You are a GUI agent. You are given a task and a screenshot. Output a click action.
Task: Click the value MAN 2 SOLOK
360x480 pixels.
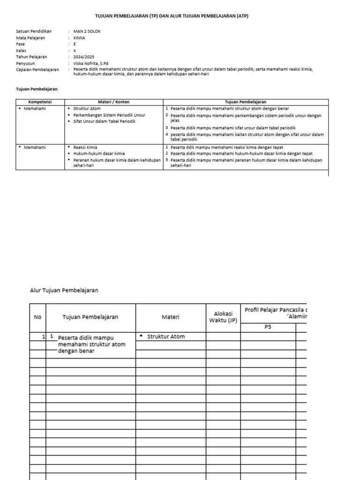(x=87, y=31)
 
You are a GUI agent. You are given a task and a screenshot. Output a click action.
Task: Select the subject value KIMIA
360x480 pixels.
(x=79, y=38)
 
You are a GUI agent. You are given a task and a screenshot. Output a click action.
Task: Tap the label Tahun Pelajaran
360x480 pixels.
(x=31, y=57)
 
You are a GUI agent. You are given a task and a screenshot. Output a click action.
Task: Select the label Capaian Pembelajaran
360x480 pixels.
(x=37, y=69)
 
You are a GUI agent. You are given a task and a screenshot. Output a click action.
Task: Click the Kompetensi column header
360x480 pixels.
(x=40, y=102)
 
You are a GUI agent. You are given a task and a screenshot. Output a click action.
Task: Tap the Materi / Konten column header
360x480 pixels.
(x=113, y=102)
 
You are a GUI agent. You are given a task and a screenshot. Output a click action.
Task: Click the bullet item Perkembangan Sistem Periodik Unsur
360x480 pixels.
(x=109, y=115)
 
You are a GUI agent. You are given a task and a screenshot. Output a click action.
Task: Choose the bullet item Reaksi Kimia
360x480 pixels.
(x=85, y=147)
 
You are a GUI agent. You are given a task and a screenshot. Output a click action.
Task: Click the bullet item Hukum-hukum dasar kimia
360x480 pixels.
(x=99, y=153)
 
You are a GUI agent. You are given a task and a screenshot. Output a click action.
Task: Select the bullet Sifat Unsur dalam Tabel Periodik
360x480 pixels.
(x=104, y=121)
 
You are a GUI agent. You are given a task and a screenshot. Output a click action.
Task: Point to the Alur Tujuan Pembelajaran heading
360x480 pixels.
(x=64, y=291)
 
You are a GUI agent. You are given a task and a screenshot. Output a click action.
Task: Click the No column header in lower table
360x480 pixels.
(x=37, y=317)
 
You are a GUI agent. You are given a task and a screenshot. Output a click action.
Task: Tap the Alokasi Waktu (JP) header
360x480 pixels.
(x=223, y=317)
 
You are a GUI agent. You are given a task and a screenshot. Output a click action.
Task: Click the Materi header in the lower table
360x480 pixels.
(x=171, y=317)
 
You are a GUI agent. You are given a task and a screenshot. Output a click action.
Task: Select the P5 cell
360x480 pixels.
(x=268, y=327)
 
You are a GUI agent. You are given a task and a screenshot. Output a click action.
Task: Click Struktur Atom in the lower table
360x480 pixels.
(x=166, y=337)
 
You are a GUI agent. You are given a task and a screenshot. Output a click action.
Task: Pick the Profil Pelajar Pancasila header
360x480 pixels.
(x=275, y=310)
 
